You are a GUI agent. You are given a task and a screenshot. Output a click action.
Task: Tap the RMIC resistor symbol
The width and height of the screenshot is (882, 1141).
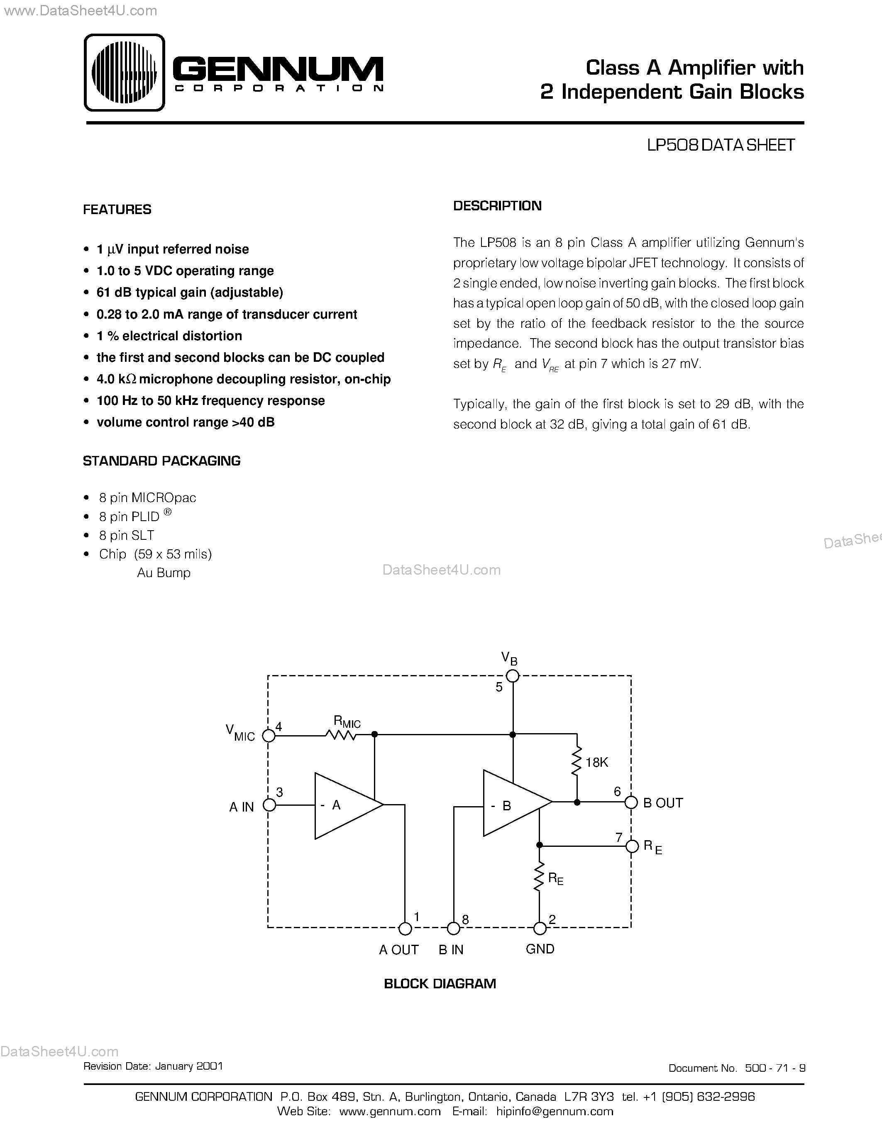click(x=341, y=735)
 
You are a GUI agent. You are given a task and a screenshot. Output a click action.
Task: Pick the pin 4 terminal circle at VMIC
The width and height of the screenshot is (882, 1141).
click(x=269, y=736)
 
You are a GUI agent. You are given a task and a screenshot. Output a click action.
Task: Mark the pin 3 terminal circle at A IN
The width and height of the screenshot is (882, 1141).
click(x=269, y=805)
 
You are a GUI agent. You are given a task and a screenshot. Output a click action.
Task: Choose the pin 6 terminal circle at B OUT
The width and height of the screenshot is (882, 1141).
click(x=631, y=802)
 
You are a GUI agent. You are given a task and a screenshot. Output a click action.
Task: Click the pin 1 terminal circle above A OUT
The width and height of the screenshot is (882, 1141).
click(x=405, y=929)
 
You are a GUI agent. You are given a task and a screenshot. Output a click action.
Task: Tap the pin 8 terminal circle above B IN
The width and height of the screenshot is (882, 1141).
click(x=454, y=929)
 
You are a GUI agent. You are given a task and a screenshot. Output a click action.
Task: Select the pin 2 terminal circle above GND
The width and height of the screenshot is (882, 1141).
click(x=539, y=929)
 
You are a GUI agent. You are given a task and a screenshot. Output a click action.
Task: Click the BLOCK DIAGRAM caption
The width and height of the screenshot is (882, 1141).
click(x=440, y=984)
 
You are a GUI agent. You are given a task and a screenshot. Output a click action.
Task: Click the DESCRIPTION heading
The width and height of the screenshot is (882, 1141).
click(x=497, y=206)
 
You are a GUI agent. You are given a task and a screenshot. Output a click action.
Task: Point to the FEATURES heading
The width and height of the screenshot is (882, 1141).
click(x=117, y=210)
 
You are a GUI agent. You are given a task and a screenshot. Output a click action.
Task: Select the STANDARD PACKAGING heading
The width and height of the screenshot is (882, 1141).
click(x=161, y=461)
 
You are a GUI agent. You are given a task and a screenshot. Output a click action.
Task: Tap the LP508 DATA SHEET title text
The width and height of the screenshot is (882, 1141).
click(x=721, y=145)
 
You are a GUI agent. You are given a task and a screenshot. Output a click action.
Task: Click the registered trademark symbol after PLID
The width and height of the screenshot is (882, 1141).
click(x=167, y=512)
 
